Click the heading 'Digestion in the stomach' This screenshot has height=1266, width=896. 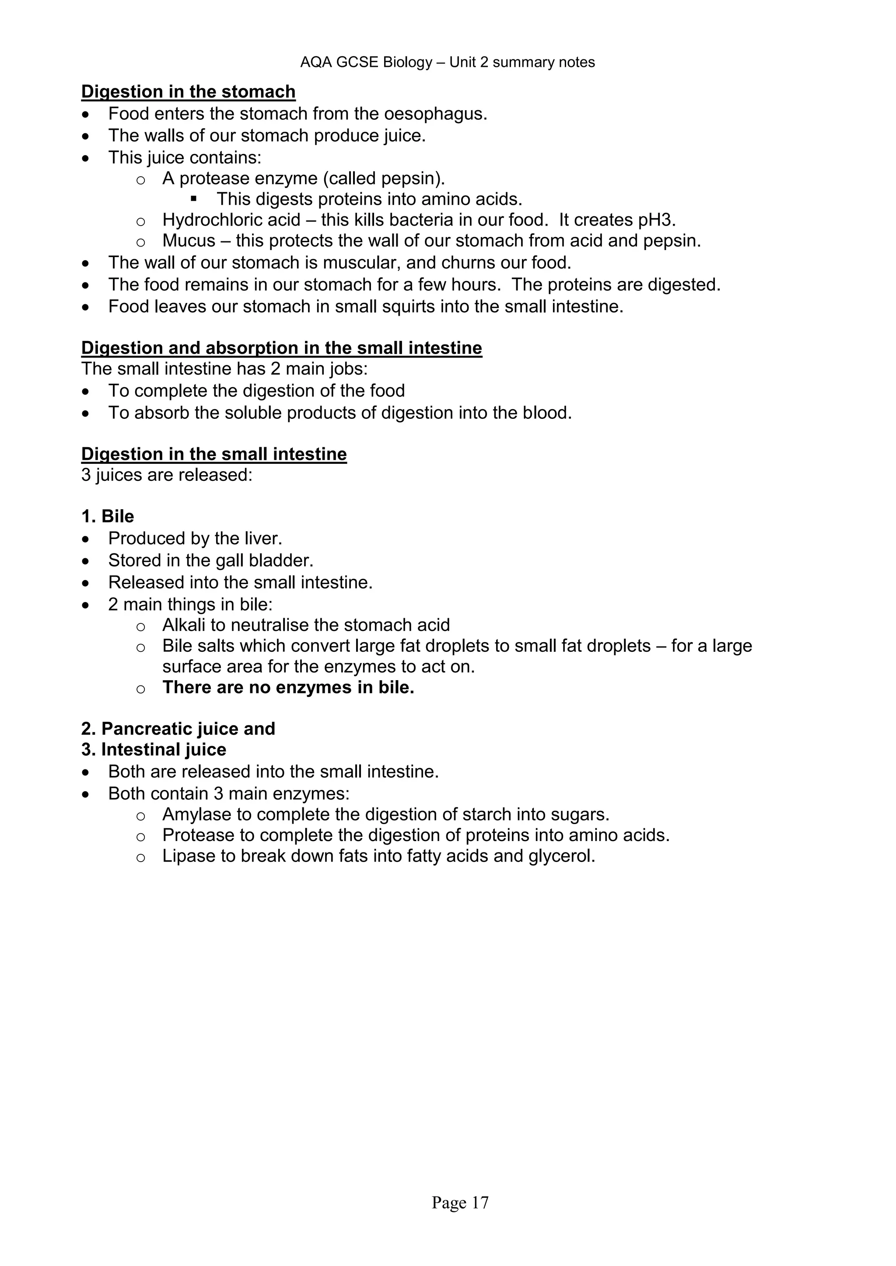[x=188, y=91]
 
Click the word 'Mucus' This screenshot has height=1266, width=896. [x=189, y=241]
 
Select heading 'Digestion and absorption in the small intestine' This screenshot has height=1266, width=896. [x=281, y=348]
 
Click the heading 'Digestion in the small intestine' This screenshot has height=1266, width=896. [x=214, y=454]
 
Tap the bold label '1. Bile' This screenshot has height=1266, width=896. [x=108, y=517]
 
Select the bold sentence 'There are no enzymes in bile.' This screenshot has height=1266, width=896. [x=288, y=688]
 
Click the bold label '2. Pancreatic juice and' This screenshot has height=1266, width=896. [x=178, y=729]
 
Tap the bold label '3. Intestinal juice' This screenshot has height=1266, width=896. [x=154, y=750]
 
